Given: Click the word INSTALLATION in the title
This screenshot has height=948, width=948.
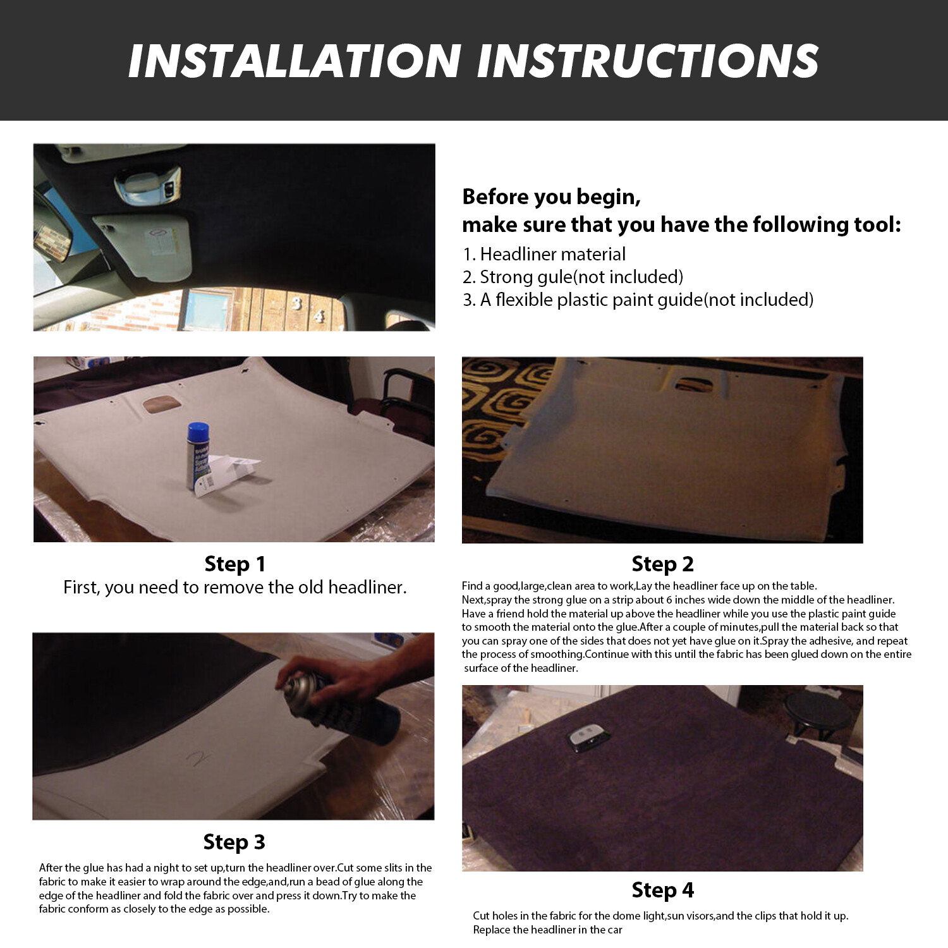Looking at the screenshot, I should tap(294, 61).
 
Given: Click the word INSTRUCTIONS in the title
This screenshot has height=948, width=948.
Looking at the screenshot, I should tap(647, 61).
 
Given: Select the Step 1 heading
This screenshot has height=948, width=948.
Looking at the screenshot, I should tap(234, 564).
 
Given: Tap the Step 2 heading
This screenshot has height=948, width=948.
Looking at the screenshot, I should tap(662, 564).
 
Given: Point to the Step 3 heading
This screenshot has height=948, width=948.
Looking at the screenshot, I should tap(234, 842).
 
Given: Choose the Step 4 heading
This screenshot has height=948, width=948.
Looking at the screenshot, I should tap(662, 890).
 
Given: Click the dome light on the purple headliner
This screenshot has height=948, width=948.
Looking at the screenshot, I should tap(585, 737).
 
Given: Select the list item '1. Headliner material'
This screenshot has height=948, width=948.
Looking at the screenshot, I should tap(544, 254).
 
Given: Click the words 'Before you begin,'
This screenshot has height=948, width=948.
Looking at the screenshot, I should tap(551, 197).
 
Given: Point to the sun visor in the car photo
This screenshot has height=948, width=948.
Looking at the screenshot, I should tap(142, 240).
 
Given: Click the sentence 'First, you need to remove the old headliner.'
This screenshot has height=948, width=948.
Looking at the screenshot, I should tap(234, 587).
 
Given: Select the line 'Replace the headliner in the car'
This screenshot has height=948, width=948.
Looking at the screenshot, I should tap(547, 930).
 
